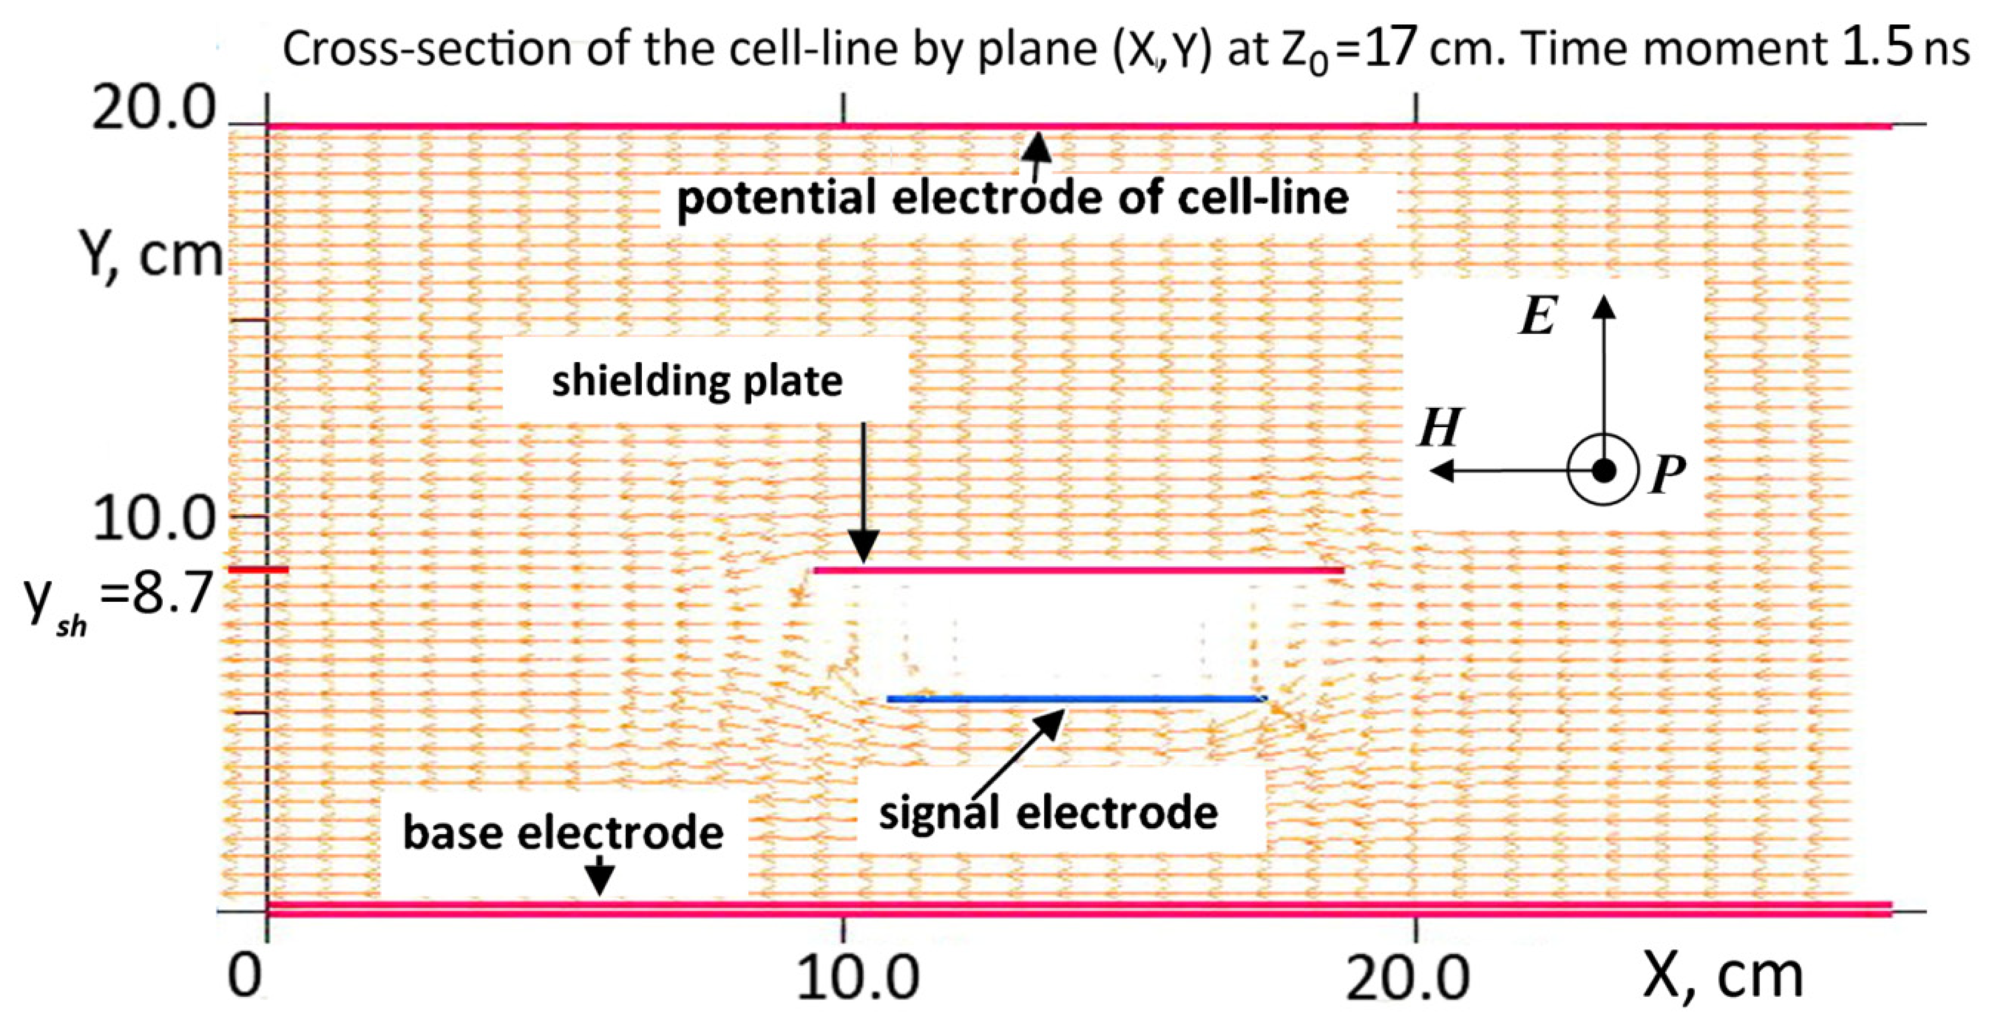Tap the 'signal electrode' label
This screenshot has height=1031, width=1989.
coord(1048,813)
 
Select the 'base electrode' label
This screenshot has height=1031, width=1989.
coord(563,833)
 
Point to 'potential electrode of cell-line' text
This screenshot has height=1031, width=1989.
coord(1013,198)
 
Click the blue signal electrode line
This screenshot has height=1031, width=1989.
coord(1076,699)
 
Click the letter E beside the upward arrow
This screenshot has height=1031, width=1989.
coord(1537,317)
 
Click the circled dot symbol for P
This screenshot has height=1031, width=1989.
coord(1603,470)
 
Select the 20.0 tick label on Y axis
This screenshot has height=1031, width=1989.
coord(153,110)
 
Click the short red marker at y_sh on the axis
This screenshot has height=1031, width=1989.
coord(259,570)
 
